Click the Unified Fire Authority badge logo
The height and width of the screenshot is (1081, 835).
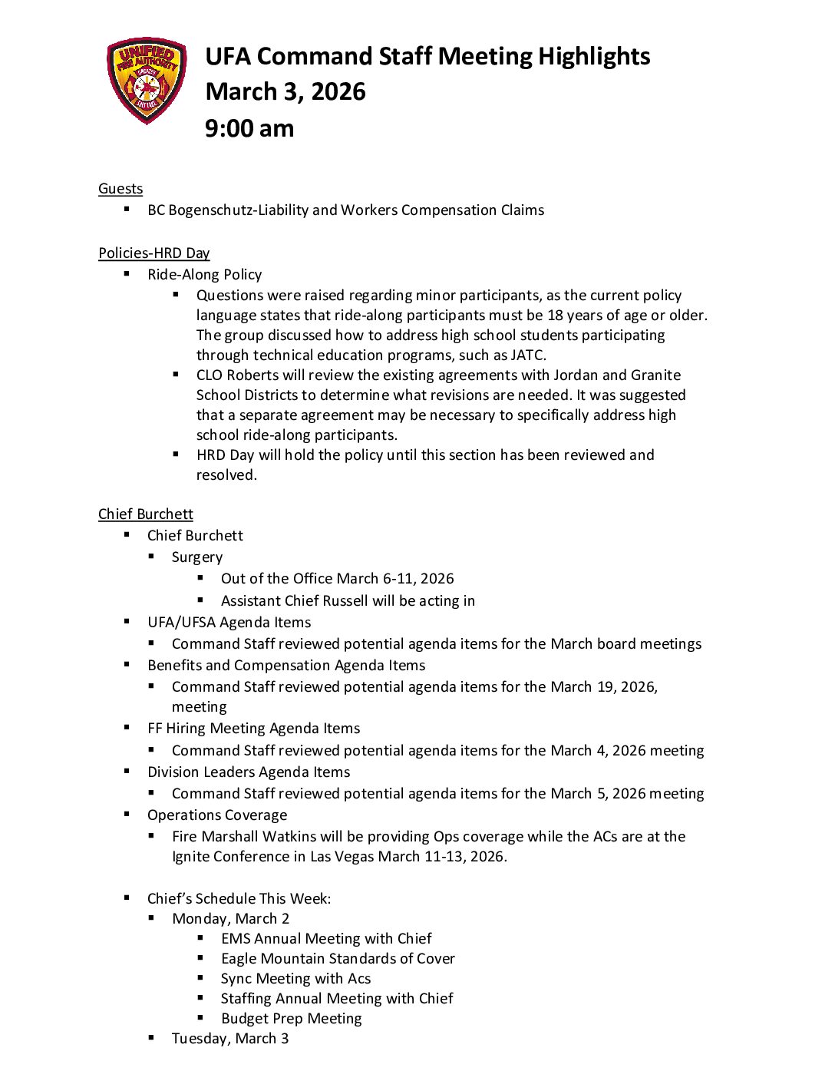tap(146, 80)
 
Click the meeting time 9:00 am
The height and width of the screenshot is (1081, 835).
tap(249, 128)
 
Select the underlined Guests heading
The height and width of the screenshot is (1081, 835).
tap(120, 189)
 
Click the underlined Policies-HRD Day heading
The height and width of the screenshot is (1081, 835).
tap(153, 253)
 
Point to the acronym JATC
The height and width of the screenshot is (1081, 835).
tap(527, 355)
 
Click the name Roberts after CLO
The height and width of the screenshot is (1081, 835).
tap(254, 375)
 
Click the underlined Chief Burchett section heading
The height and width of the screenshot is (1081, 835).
tap(146, 514)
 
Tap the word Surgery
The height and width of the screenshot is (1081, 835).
tap(197, 557)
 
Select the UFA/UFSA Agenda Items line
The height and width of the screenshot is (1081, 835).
tap(229, 623)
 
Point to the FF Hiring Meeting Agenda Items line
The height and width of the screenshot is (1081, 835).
tap(254, 729)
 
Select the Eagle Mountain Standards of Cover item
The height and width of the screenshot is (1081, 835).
tap(338, 959)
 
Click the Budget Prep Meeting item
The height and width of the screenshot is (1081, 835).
tap(292, 1019)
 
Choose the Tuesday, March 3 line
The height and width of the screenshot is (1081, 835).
tap(230, 1039)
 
